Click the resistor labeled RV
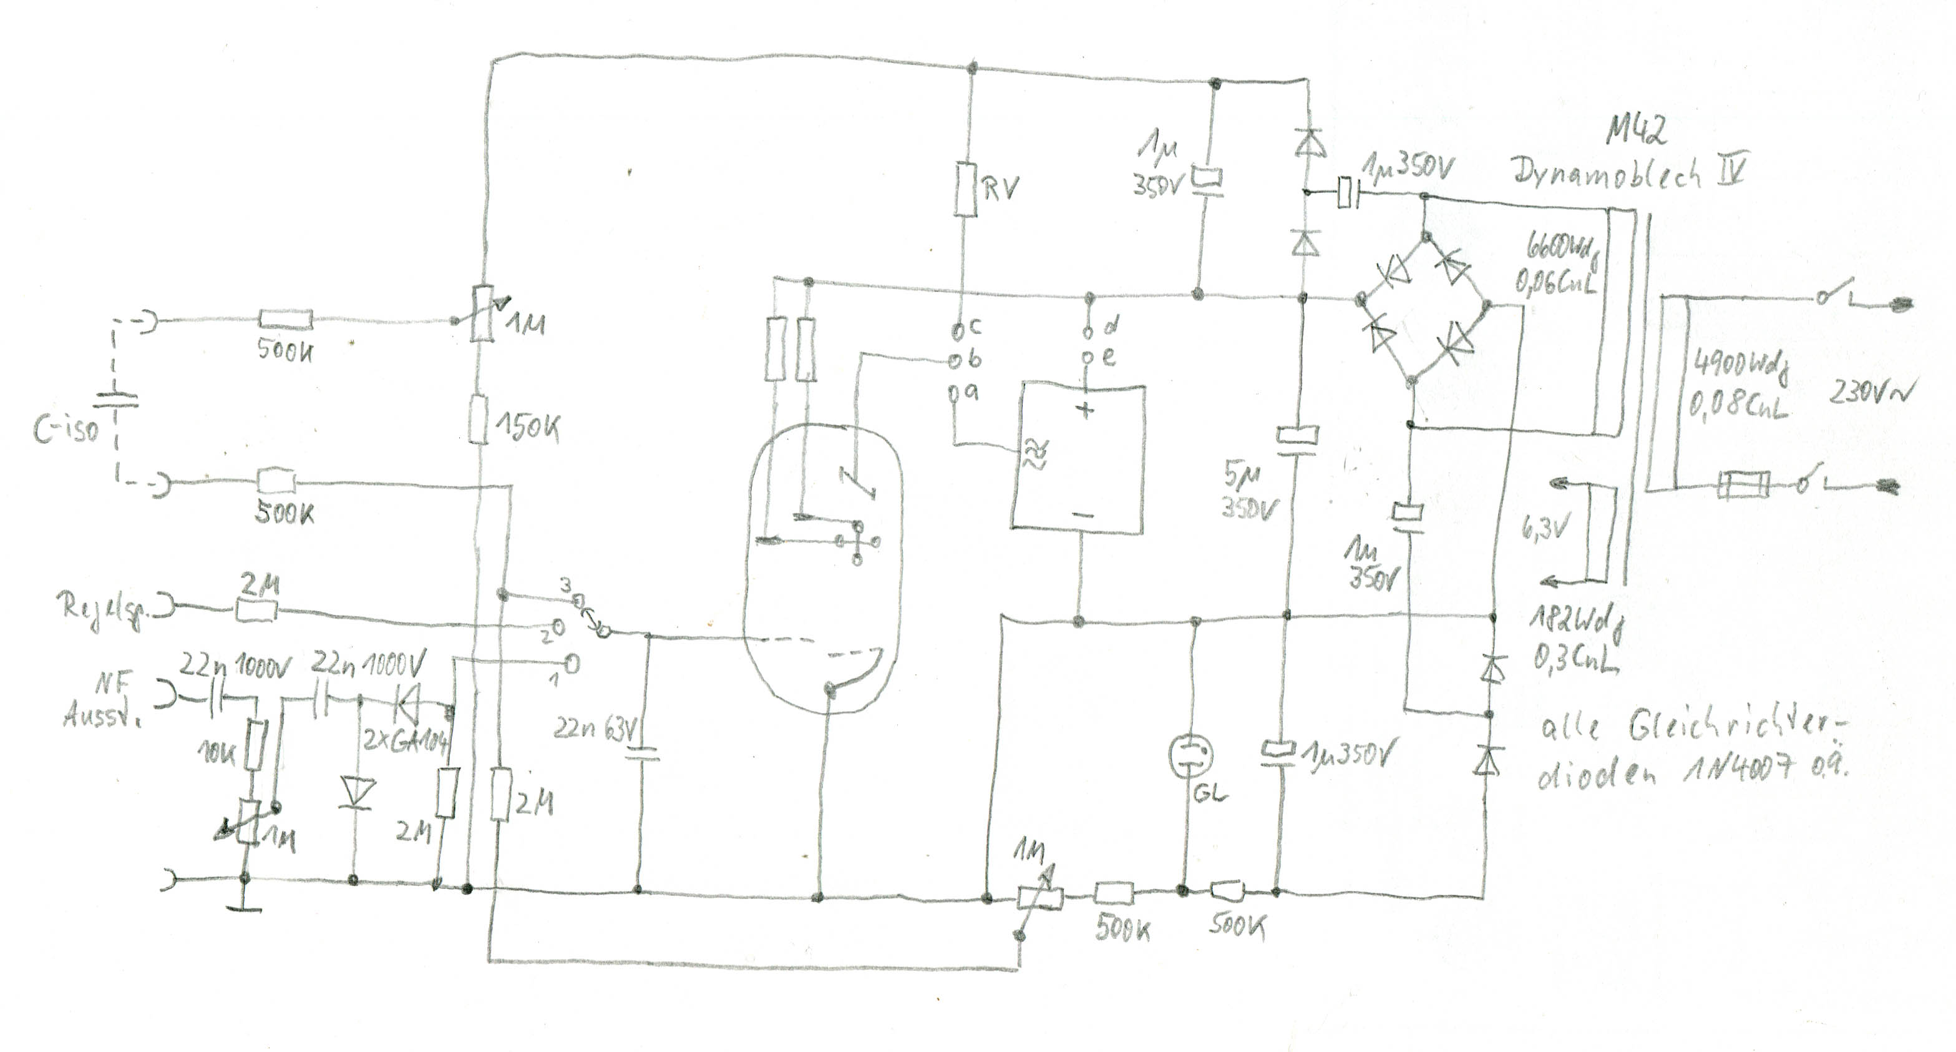[965, 190]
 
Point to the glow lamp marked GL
[1189, 755]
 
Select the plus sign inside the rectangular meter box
[1086, 411]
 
